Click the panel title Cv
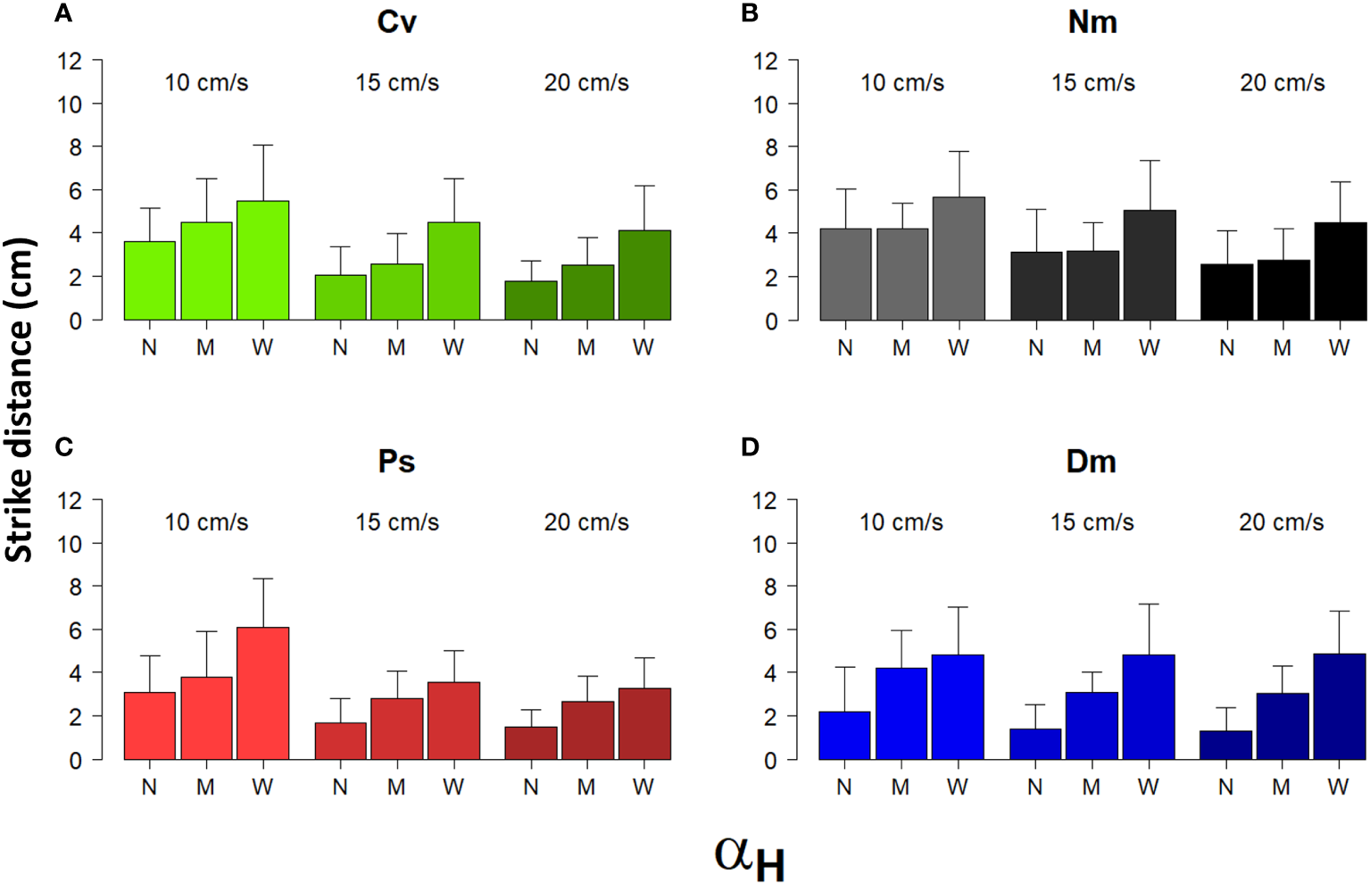[x=396, y=21]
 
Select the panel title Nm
[x=1092, y=21]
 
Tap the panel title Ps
[x=396, y=462]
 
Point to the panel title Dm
[x=1091, y=462]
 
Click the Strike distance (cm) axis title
[x=19, y=399]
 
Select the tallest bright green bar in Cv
[x=262, y=261]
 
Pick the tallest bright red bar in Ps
[x=262, y=693]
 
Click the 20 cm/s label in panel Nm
[x=1282, y=83]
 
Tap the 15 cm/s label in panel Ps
[x=397, y=522]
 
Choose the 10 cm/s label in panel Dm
[x=901, y=522]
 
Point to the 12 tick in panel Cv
[x=70, y=62]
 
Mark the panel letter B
[x=750, y=13]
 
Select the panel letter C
[x=63, y=446]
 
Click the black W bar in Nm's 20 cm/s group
[x=1339, y=271]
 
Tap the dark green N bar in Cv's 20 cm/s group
[x=531, y=301]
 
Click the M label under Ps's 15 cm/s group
[x=396, y=788]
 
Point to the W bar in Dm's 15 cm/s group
[x=1148, y=707]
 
